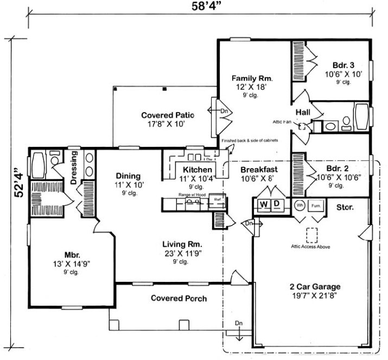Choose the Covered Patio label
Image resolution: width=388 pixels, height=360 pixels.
(x=168, y=115)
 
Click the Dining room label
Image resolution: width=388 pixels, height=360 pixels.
(x=129, y=176)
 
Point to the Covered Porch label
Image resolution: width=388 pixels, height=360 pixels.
(x=179, y=298)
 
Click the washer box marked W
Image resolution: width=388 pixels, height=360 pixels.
(x=263, y=204)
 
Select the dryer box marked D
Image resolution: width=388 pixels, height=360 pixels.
(x=276, y=204)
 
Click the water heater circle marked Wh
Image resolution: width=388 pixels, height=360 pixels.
(x=299, y=206)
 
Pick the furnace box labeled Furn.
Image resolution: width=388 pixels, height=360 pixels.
(x=315, y=206)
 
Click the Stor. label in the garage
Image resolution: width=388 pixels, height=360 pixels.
(x=346, y=207)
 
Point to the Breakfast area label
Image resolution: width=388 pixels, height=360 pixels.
(x=259, y=170)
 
